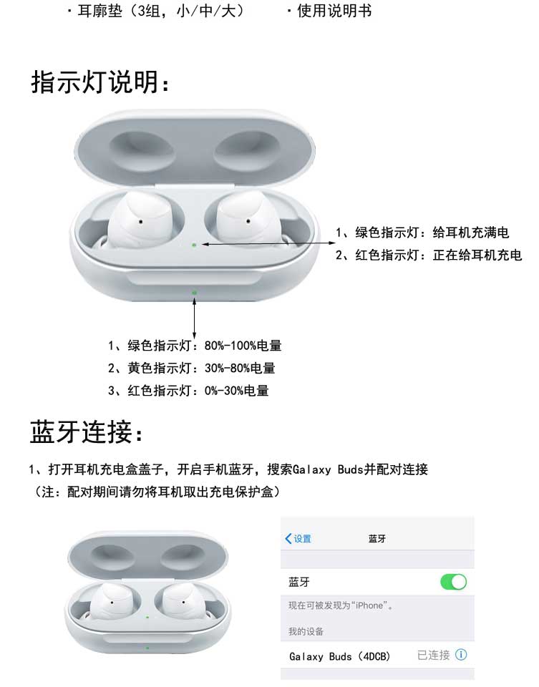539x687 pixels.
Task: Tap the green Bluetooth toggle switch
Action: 454,582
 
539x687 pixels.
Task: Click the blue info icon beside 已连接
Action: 461,655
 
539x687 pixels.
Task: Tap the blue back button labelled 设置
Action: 298,538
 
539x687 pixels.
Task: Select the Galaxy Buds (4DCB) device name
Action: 339,656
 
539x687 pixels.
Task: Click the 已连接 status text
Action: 433,655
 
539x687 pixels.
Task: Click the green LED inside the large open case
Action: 194,245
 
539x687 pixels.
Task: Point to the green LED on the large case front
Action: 194,292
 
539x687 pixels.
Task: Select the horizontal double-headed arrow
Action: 268,243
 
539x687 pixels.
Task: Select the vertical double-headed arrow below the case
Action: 194,318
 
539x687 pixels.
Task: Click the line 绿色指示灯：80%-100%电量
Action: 195,346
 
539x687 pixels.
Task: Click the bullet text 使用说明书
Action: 334,11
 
